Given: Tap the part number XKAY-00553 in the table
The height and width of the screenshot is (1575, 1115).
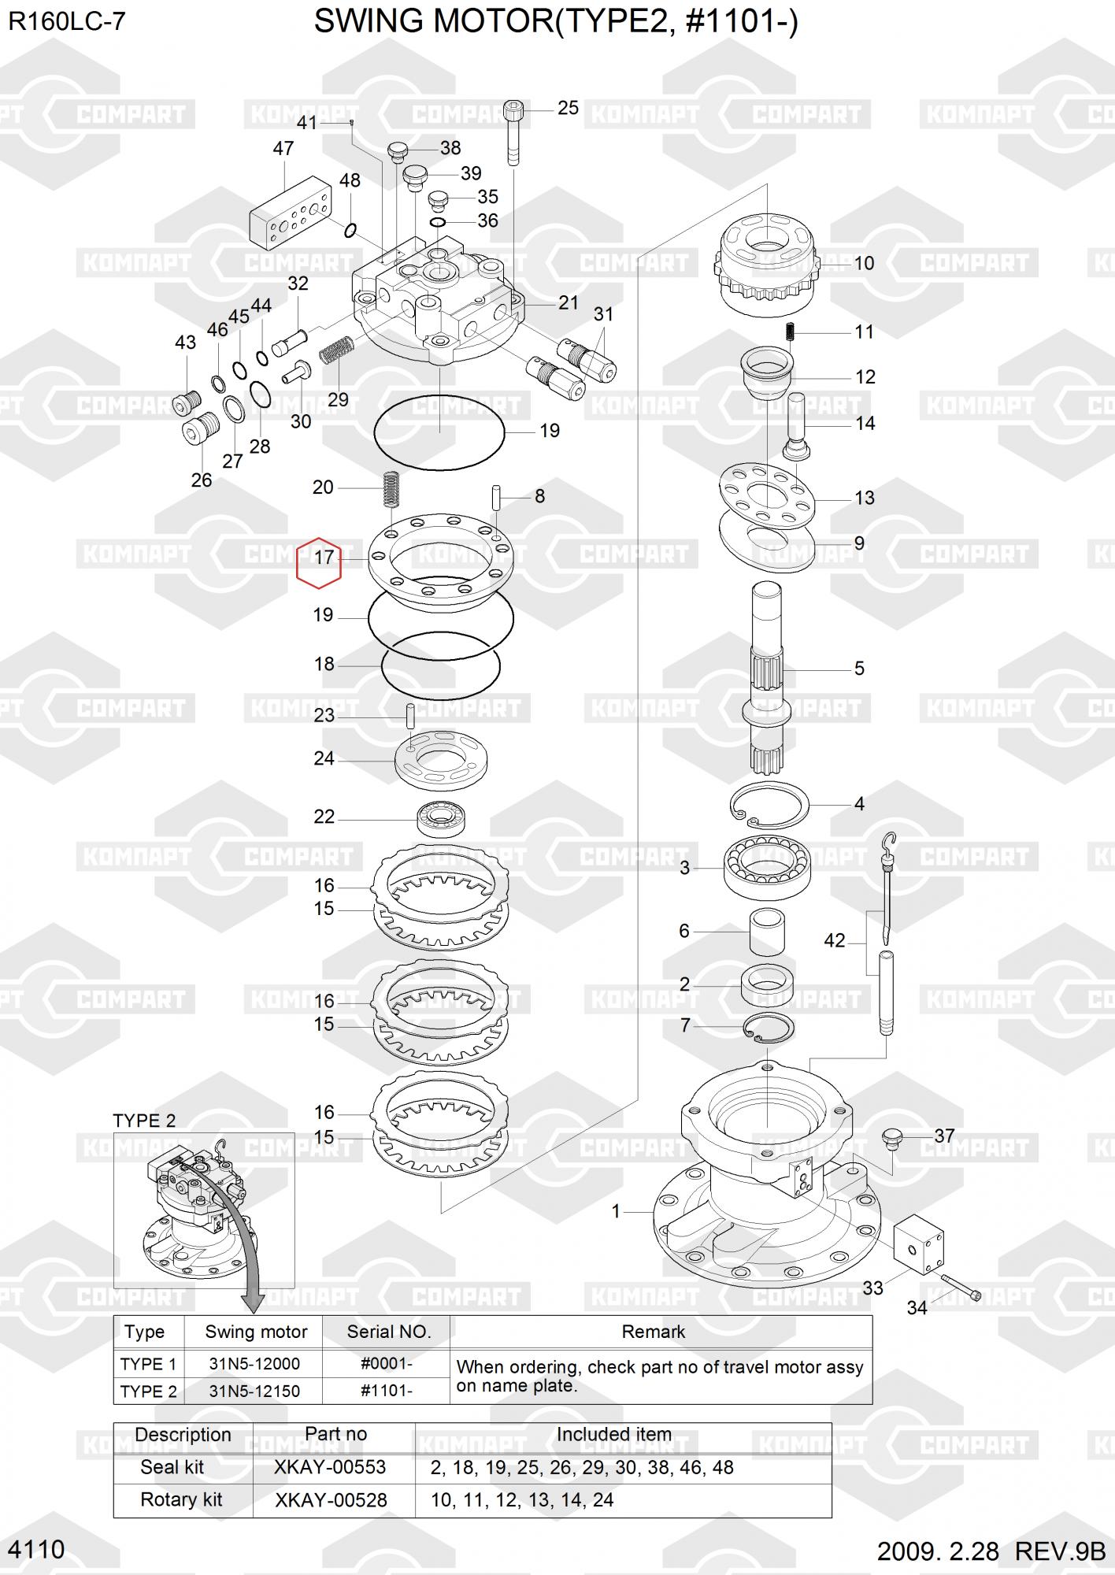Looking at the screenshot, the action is [x=330, y=1467].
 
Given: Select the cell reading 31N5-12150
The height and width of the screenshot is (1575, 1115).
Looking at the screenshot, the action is [x=254, y=1391].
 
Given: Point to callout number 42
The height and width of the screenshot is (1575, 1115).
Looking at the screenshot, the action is [x=835, y=940].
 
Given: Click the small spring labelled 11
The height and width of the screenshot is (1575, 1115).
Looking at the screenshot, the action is [x=791, y=332].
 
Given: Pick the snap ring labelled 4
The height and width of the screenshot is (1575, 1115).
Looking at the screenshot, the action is [x=769, y=806].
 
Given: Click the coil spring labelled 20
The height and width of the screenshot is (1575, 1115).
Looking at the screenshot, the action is [x=390, y=490].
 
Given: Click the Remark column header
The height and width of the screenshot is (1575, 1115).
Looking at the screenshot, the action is [x=653, y=1332].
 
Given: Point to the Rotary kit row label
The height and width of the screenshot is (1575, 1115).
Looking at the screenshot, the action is [x=181, y=1499].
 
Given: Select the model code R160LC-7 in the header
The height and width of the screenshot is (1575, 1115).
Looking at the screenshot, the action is [x=67, y=21].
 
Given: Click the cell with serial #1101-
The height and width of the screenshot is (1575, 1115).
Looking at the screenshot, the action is [x=387, y=1391].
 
